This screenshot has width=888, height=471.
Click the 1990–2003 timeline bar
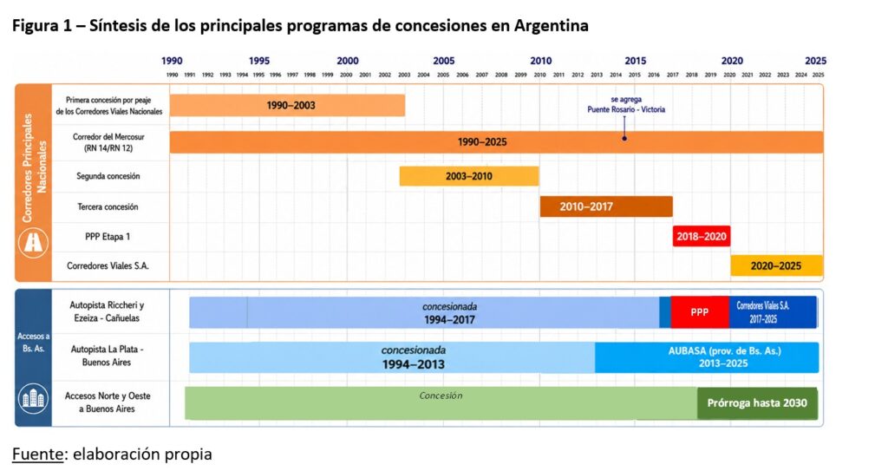287,106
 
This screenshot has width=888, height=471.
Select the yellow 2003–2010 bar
469,176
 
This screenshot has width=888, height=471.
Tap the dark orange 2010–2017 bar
606,207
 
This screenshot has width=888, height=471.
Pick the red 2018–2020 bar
702,236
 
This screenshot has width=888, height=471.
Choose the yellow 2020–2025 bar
776,265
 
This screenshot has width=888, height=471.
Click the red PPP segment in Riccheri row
700,312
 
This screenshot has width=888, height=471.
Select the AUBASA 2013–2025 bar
707,357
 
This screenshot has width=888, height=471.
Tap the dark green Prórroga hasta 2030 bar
757,403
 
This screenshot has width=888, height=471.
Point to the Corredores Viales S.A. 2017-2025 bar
773,312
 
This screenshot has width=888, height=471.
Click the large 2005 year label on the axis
444,62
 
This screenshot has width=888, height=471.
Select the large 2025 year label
815,62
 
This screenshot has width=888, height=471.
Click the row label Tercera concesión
108,207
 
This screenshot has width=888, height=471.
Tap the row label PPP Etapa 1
108,237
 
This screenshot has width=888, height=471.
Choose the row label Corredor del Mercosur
108,142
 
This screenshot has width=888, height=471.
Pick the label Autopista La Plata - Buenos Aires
107,356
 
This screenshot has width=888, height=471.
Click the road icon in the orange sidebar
34,243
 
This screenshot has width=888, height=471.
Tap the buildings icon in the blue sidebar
34,399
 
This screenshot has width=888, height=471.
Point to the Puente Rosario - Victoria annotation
626,105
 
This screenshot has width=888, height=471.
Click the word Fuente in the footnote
37,454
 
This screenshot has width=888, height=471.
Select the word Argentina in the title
551,26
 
